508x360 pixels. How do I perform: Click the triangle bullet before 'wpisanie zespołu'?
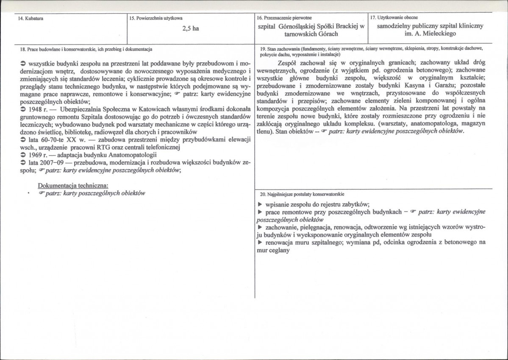click(x=259, y=204)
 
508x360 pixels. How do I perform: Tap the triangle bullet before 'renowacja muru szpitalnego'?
click(x=259, y=243)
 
